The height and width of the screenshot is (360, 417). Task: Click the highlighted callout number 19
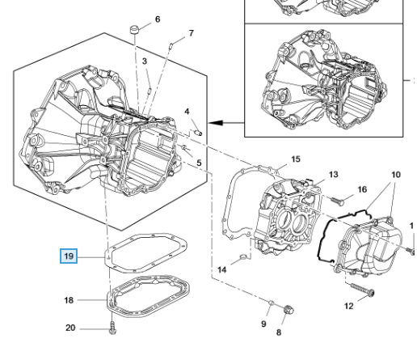pyautogui.click(x=69, y=256)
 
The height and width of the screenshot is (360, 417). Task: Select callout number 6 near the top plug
pyautogui.click(x=158, y=19)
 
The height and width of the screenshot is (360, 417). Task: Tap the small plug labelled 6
pyautogui.click(x=135, y=29)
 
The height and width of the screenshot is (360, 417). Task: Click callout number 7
pyautogui.click(x=191, y=33)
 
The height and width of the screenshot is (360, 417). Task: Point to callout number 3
pyautogui.click(x=145, y=61)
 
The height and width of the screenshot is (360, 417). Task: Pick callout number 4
pyautogui.click(x=187, y=112)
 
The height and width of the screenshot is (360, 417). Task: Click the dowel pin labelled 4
pyautogui.click(x=198, y=133)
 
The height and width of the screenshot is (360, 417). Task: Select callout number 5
pyautogui.click(x=199, y=163)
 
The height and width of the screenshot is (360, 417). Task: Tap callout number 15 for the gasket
pyautogui.click(x=296, y=159)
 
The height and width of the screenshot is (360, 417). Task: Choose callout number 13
pyautogui.click(x=333, y=175)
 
